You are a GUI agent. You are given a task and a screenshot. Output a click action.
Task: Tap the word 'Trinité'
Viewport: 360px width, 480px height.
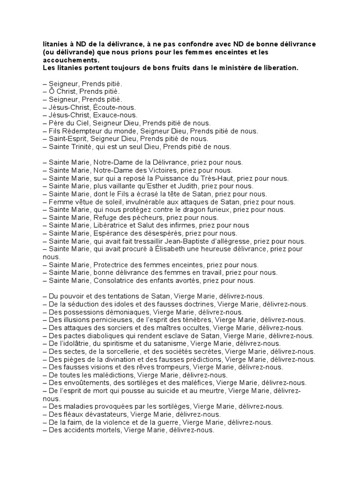(x=85, y=147)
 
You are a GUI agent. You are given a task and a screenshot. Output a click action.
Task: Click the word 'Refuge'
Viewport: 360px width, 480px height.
(x=106, y=217)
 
